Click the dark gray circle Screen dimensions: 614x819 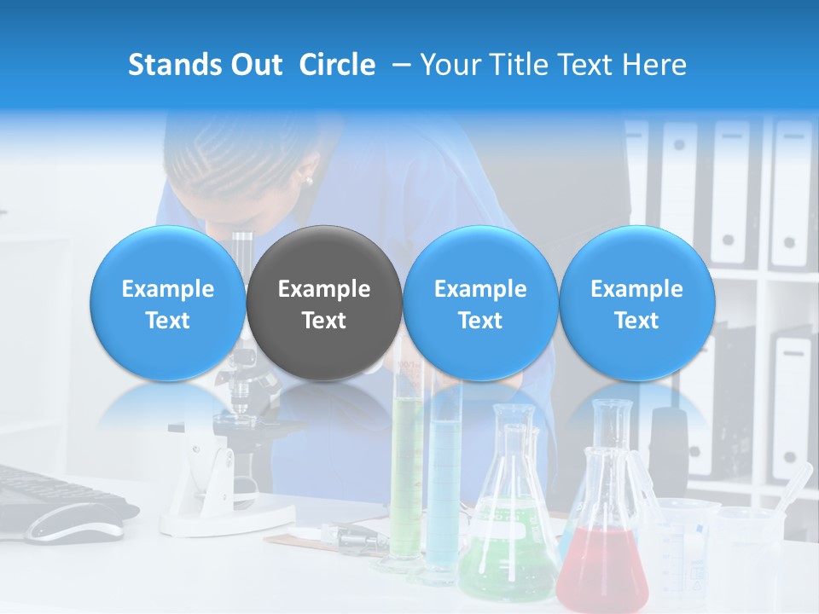324,303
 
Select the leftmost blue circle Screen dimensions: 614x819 168,303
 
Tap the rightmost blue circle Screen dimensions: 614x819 636,303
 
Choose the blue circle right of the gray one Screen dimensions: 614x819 480,303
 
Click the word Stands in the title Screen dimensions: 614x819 173,65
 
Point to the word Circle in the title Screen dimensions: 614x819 337,65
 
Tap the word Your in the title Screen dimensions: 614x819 447,65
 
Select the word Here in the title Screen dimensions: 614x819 654,65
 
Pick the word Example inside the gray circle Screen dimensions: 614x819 324,289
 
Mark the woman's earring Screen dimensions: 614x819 308,180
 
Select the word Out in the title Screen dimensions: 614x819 257,65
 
